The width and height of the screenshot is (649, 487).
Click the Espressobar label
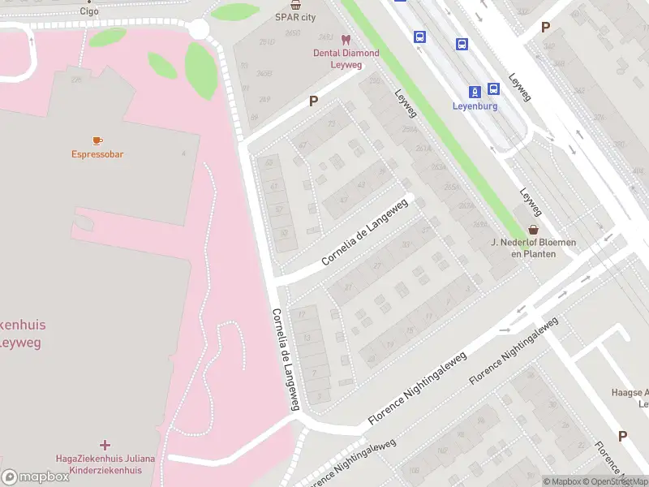pos(97,154)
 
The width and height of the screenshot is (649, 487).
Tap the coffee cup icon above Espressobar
pos(97,140)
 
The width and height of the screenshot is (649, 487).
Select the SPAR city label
pos(296,16)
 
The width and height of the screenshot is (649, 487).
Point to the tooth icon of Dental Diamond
pos(346,40)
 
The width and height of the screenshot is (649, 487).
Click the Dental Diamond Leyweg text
pos(346,58)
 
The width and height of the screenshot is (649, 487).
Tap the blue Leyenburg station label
pos(475,106)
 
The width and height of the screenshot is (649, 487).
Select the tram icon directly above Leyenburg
pos(475,90)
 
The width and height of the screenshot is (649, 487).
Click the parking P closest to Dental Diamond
pos(312,101)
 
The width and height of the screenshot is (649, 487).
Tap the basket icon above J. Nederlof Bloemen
pos(533,230)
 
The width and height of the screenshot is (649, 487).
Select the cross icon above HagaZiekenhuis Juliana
pos(105,445)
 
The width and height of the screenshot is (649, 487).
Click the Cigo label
pos(89,11)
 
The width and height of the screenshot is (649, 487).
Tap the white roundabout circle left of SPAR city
pos(199,30)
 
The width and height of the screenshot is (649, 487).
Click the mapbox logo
pos(36,477)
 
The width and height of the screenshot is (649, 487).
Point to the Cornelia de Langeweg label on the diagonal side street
pos(362,235)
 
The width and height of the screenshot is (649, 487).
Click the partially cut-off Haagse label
pos(630,394)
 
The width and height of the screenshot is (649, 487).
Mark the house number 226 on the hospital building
pos(77,80)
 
